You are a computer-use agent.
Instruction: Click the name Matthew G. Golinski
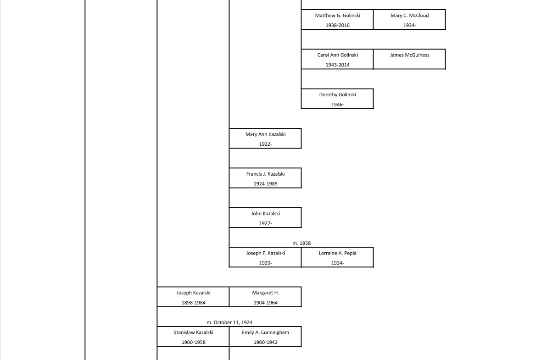pos(337,16)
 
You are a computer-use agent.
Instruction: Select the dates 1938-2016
pos(337,26)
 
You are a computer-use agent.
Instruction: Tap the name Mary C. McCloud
pos(409,16)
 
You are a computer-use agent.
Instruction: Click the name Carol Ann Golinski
pos(337,55)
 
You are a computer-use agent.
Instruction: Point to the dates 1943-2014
pos(337,65)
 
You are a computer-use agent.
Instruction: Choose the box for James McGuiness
pos(409,59)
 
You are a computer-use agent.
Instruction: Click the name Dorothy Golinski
pos(337,95)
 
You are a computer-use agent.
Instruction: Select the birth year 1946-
pos(337,105)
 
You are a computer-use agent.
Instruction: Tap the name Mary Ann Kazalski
pos(265,134)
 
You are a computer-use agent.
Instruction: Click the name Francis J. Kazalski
pos(265,174)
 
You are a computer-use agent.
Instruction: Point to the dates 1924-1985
pos(265,184)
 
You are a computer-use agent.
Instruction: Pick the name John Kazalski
pos(265,214)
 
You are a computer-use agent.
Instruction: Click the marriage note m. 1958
pos(301,243)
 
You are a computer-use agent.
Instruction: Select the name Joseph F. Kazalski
pos(265,253)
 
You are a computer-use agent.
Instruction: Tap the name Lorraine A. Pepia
pos(337,253)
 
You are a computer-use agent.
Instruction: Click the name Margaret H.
pos(265,293)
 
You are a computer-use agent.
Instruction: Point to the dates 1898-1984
pos(193,303)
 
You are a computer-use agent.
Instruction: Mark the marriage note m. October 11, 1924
pos(229,322)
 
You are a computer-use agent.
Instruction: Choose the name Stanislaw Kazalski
pos(193,332)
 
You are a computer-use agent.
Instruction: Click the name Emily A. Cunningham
pos(265,332)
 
